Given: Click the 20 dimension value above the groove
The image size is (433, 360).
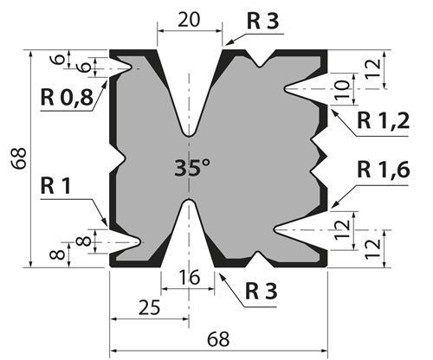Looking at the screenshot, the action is pos(189,20).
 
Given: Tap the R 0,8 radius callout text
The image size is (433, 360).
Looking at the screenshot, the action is pos(67,97).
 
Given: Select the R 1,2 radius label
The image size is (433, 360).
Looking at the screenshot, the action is pos(384,120).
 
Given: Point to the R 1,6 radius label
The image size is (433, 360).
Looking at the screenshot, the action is pos(384,170).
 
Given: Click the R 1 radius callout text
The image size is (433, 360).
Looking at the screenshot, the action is pos(55,186).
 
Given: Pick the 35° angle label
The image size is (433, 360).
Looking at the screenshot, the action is pos(192,168).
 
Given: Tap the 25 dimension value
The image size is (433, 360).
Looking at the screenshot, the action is pos(149,307).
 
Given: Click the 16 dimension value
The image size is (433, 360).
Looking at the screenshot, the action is pos(189,278).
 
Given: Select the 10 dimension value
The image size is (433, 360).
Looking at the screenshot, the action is pos(342,89).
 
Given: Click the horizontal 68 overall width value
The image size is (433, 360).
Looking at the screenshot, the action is pos(218,339).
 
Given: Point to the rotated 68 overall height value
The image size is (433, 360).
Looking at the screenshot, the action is pos(19,158).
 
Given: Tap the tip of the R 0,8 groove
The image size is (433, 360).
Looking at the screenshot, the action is pos(131,68).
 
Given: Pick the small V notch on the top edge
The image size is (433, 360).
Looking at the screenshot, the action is pos(261,65).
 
